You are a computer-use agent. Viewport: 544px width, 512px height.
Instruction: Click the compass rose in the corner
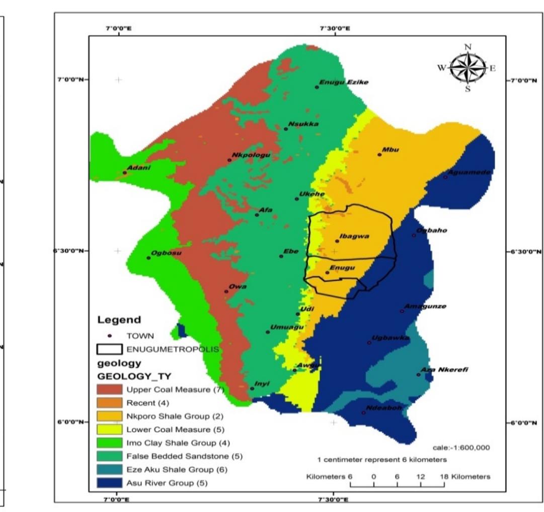[x=468, y=68]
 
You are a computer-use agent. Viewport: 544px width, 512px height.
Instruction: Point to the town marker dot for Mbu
[x=379, y=155]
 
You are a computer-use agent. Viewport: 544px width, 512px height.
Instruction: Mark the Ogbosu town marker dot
[x=148, y=258]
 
